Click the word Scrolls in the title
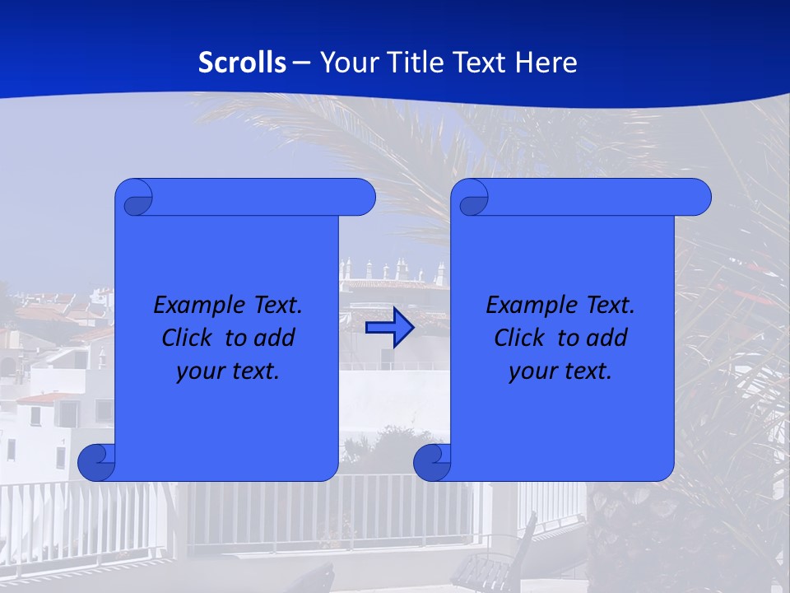point(242,63)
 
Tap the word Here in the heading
point(546,63)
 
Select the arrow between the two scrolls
point(389,329)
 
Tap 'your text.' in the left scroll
point(228,371)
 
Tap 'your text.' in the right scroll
point(560,371)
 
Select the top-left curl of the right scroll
point(472,198)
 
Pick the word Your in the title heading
point(346,63)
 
